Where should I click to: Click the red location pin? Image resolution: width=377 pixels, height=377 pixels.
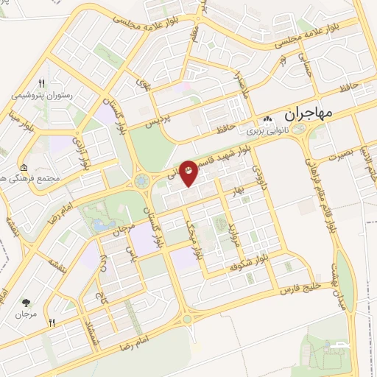point(189,172)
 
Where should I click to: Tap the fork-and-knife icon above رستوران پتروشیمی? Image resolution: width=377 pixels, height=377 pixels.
point(42,83)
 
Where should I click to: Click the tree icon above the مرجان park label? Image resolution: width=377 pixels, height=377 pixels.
point(27,303)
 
